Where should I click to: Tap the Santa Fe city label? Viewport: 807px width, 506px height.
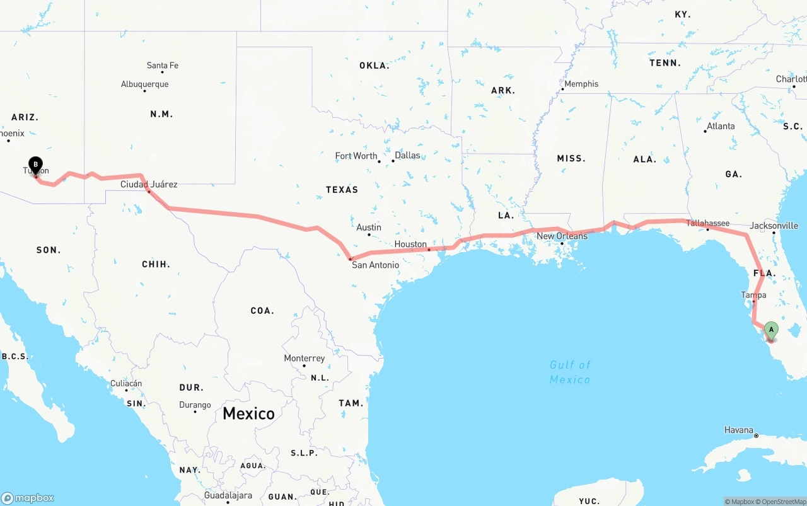point(162,66)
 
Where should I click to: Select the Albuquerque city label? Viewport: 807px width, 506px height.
point(144,84)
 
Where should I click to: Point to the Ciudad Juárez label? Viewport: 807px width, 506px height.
point(149,185)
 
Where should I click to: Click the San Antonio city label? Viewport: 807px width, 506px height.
point(375,265)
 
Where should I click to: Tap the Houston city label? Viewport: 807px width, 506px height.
point(410,244)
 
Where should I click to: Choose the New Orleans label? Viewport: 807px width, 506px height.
point(562,236)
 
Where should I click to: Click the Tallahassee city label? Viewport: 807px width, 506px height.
point(707,223)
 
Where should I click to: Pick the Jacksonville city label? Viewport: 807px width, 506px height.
point(774,226)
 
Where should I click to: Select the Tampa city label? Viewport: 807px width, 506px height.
point(753,295)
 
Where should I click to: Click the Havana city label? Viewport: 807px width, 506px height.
point(738,430)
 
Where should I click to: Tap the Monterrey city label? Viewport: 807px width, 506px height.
point(304,358)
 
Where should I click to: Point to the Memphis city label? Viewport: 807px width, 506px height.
point(581,84)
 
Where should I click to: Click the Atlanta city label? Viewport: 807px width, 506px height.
point(721,126)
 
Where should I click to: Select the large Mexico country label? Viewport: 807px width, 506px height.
point(248,413)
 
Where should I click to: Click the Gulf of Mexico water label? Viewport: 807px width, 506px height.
point(570,372)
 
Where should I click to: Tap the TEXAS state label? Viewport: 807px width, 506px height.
point(342,190)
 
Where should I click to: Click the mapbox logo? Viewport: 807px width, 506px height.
point(28,498)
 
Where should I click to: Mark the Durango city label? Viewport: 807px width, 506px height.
point(195,405)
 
